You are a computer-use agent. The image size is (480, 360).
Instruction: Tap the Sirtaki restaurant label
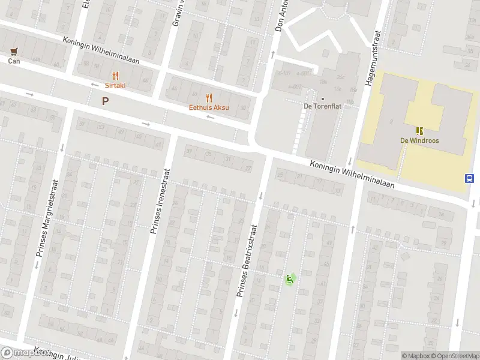point(115,86)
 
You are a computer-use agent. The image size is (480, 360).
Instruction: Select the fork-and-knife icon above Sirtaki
point(115,76)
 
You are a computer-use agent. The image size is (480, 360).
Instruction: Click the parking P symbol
point(106,101)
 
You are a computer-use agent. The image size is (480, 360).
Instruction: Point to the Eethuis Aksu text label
point(209,107)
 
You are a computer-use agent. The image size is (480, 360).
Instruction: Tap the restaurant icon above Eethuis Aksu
point(209,97)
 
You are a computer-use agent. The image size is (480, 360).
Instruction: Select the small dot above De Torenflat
point(323,99)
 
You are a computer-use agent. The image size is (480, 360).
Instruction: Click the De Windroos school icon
point(419,130)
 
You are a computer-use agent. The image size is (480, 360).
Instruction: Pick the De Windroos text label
point(419,140)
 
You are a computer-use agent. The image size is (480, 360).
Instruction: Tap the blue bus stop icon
point(469,178)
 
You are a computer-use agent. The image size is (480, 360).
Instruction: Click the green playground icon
point(290,278)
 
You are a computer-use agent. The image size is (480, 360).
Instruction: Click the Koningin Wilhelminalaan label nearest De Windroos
point(352,174)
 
